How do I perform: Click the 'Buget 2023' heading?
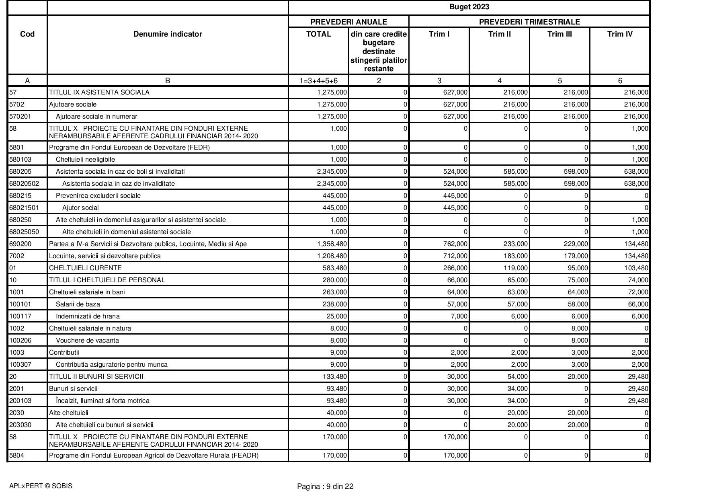point(469,7)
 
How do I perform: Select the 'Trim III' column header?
point(559,34)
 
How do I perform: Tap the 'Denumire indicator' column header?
point(168,34)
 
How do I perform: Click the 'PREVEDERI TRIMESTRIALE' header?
point(529,22)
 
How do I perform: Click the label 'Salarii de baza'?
point(78,304)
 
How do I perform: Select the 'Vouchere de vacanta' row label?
point(87,341)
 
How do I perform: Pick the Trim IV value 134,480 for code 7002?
point(635,256)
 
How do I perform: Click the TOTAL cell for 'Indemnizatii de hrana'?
point(336,316)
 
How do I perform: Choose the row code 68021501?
point(24,208)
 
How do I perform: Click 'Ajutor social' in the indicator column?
point(80,208)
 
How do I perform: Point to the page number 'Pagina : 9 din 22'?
point(325,487)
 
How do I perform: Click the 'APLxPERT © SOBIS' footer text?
point(41,486)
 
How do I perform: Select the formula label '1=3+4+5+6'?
point(318,81)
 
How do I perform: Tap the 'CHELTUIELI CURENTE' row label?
point(85,268)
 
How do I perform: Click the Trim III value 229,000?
point(575,244)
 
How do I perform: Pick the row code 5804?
point(16,456)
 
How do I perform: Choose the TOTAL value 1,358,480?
point(332,244)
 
